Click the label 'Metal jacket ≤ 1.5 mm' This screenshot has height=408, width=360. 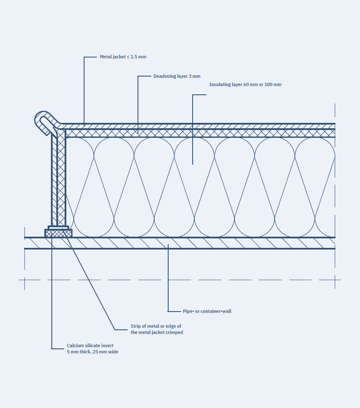point(123,57)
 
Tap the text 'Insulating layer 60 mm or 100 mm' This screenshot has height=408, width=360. point(245,84)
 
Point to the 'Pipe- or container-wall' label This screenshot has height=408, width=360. point(207,311)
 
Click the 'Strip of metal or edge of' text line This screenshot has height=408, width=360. point(156,326)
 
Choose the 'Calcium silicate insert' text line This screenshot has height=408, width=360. point(90,346)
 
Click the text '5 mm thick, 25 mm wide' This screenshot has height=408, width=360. point(93,352)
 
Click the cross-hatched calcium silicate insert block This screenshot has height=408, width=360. point(58,233)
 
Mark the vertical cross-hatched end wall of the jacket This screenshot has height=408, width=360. point(61,178)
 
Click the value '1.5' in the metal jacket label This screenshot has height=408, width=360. point(133,57)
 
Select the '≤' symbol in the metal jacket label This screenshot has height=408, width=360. point(128,57)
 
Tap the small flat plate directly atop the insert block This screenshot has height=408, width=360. point(58,227)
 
